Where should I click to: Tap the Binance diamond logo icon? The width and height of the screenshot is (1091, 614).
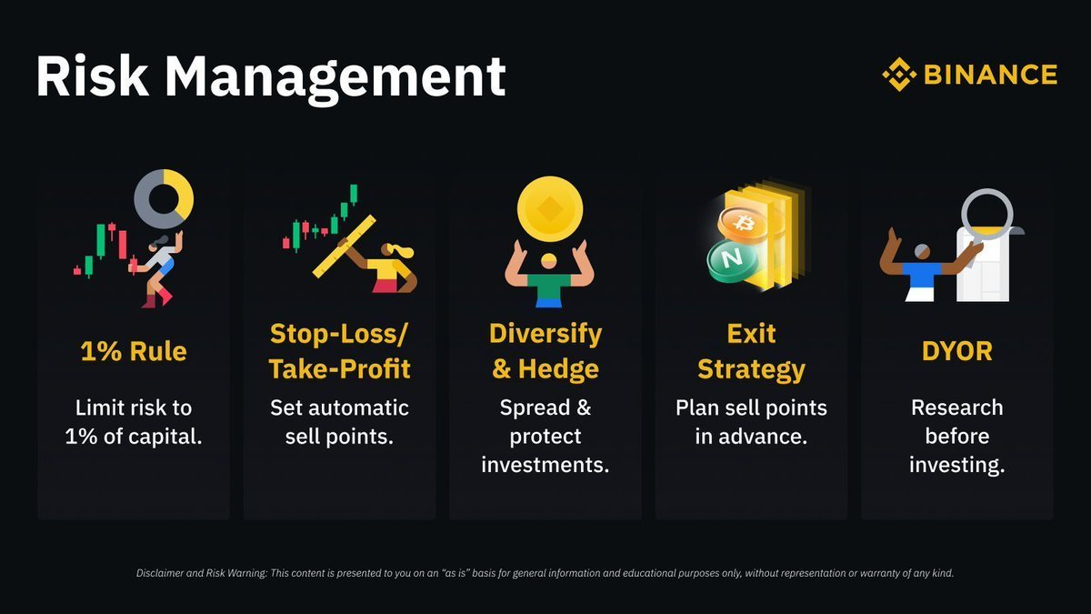point(898,75)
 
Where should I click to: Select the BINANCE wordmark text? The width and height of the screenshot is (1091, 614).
point(990,75)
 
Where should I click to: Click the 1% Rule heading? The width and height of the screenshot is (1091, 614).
point(134,350)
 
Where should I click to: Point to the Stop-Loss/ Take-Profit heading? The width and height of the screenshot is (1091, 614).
point(339,351)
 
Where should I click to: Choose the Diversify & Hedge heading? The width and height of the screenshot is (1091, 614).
point(545,351)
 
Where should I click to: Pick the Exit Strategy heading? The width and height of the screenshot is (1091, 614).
point(752,351)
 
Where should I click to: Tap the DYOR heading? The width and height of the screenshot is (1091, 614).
point(956,350)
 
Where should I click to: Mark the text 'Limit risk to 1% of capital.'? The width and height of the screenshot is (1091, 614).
point(134,421)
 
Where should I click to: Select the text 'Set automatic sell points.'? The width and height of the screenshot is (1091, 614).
point(339,421)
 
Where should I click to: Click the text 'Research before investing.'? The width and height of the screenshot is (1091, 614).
point(956,436)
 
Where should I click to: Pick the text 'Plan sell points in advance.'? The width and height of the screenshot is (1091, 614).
point(752,421)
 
